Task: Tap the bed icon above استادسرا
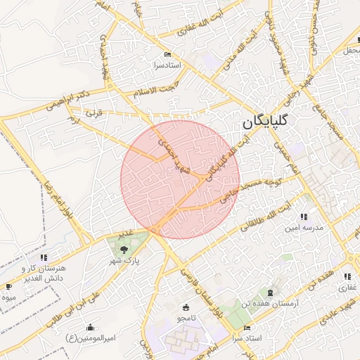pyautogui.click(x=167, y=55)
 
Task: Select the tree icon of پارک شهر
pyautogui.click(x=124, y=249)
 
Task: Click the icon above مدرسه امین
pyautogui.click(x=304, y=217)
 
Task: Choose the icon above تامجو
pyautogui.click(x=186, y=307)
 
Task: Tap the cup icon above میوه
pyautogui.click(x=8, y=287)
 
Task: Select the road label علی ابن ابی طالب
pyautogui.click(x=79, y=303)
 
